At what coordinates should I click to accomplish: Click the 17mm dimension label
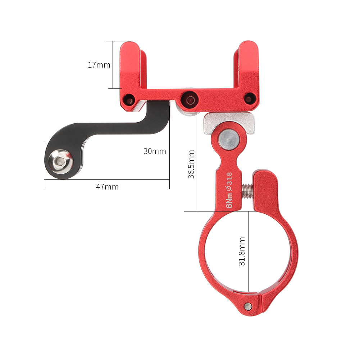coord(99,65)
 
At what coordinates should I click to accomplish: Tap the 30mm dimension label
coord(155,151)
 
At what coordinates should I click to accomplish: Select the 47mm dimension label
coord(107,187)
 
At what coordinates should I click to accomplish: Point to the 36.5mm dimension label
coord(191,164)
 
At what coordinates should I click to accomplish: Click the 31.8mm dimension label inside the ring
coord(242,251)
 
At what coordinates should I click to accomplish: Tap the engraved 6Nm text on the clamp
coord(229,200)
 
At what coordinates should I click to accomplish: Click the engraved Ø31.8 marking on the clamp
coord(229,182)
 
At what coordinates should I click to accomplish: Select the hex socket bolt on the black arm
coord(60,161)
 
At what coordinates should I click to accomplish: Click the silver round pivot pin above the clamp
coord(229,139)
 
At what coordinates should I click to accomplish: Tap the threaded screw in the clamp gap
coord(248,191)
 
